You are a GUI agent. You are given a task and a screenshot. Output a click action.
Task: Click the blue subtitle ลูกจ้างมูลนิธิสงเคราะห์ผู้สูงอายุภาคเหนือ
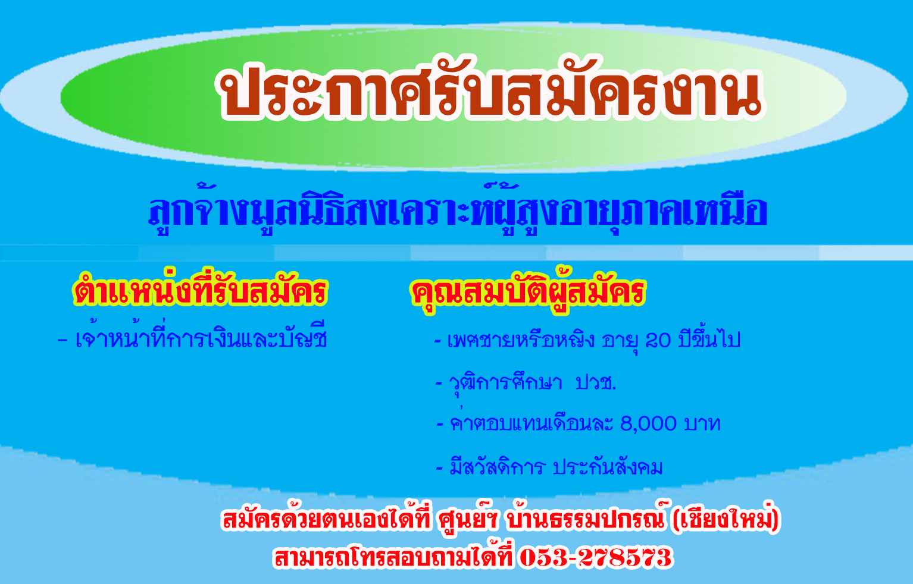pyautogui.click(x=458, y=210)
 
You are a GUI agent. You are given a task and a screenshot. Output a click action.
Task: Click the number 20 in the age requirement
pyautogui.click(x=658, y=340)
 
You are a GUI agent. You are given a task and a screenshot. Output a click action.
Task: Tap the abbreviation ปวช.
pyautogui.click(x=596, y=383)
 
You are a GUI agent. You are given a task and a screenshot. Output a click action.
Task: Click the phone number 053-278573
pyautogui.click(x=596, y=557)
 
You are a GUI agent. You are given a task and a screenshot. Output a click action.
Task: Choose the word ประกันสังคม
pyautogui.click(x=608, y=467)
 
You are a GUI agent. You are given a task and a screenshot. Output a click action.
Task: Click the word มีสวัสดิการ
pyautogui.click(x=497, y=467)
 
